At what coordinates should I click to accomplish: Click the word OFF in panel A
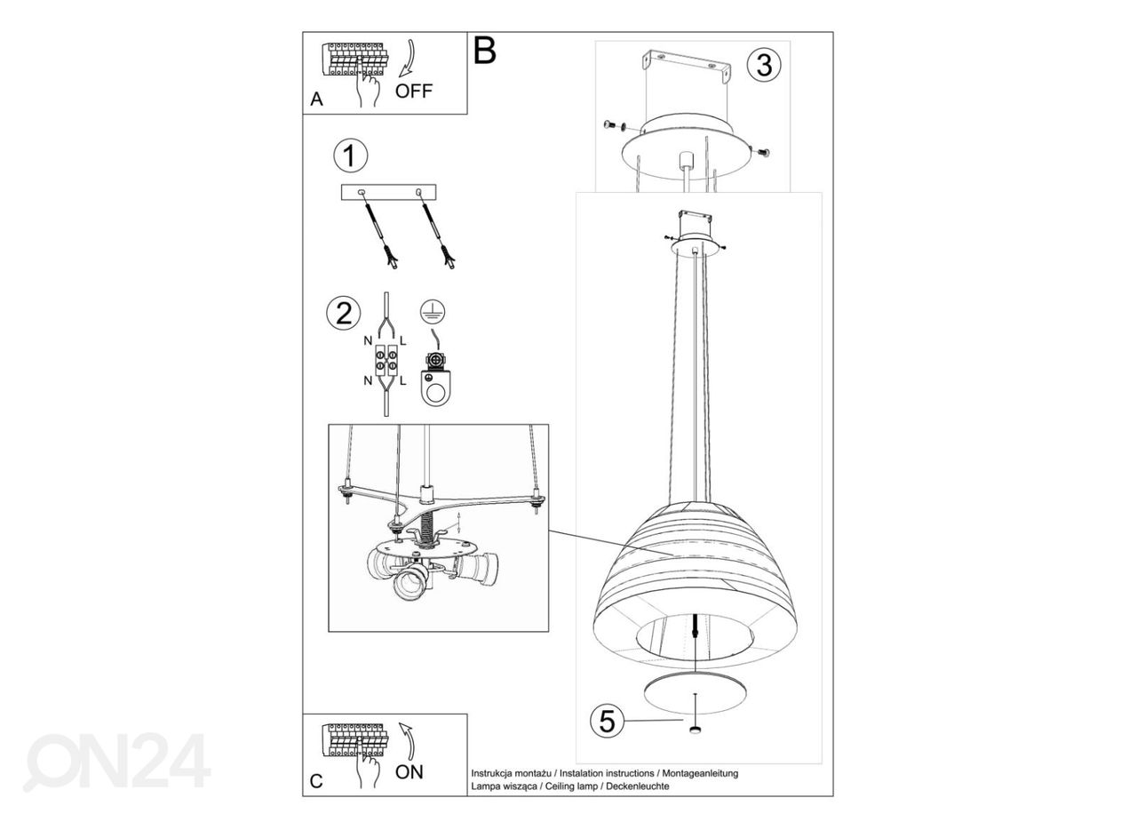(414, 91)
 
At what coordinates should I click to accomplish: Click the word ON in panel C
(409, 772)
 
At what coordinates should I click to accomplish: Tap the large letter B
(484, 51)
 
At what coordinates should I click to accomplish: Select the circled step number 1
(350, 156)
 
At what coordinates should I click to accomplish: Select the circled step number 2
(344, 314)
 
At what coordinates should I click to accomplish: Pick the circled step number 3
(764, 65)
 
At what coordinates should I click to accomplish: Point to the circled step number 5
(607, 721)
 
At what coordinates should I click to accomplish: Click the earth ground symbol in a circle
(433, 311)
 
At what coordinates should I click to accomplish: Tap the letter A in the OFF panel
(316, 99)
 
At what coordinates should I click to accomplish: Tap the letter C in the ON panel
(316, 781)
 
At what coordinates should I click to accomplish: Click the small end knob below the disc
(695, 730)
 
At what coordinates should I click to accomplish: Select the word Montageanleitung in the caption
(700, 773)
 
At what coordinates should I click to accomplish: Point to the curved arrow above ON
(408, 741)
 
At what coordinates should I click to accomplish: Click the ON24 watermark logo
(116, 762)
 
